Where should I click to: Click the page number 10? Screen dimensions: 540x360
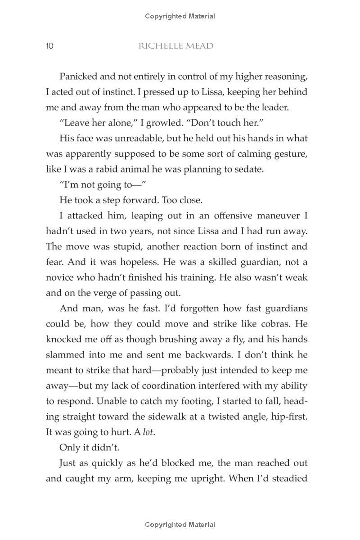coord(49,46)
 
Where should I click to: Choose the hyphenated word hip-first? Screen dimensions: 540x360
coord(287,417)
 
